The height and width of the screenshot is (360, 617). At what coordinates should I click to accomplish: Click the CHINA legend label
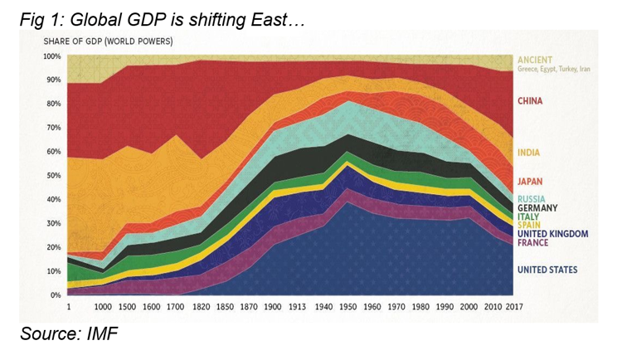pos(530,101)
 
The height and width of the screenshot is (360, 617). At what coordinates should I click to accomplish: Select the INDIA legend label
pos(528,153)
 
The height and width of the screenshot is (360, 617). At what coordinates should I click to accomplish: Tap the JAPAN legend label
pos(530,181)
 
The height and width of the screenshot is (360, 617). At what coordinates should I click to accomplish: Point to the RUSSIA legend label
pos(531,199)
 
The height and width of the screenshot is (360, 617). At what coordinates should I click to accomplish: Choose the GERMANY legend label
pos(537,208)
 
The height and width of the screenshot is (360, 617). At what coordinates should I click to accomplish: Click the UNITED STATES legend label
pos(547,270)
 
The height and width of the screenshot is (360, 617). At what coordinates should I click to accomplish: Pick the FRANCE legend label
pos(533,242)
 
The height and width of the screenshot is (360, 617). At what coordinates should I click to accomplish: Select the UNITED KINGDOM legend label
pos(551,234)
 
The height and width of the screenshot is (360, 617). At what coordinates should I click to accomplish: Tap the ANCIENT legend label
pos(535,61)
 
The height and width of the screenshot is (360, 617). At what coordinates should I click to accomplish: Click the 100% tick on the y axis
pos(51,56)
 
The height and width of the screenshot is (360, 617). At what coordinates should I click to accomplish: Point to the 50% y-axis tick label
pos(53,176)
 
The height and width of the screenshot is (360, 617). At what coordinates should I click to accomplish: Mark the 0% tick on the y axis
pos(56,295)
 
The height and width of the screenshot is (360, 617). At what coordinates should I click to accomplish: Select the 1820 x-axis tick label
pos(201,307)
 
